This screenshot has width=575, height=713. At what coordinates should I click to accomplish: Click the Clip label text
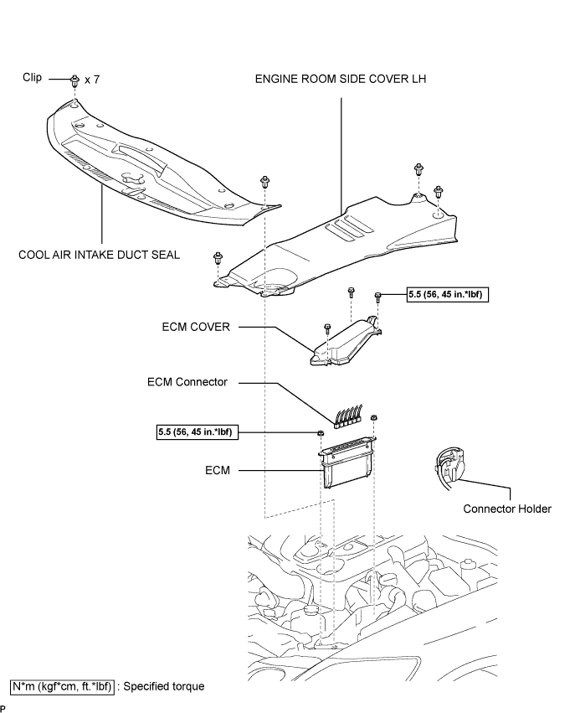pos(33,77)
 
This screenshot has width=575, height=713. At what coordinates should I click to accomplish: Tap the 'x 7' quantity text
pos(92,80)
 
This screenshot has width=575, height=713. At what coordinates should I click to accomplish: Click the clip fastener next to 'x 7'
pos(74,80)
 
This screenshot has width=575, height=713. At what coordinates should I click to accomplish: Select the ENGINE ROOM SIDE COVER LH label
pos(341,79)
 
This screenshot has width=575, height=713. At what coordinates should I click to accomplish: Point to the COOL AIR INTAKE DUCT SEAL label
pos(99,255)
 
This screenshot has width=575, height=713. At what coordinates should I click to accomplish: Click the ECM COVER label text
pos(196,327)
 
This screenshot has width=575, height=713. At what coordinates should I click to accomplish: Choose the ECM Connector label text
pos(187,382)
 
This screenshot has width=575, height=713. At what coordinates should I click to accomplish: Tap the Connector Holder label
pos(507,509)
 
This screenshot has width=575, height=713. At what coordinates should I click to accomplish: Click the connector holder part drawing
pos(449,469)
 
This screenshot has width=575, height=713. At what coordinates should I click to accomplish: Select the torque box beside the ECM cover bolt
pos(448,295)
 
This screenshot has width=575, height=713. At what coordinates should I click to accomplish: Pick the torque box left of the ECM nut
pos(198,432)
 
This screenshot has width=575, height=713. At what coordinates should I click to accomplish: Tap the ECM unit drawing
pos(347,462)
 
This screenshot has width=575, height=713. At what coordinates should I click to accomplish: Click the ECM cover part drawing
pos(346,342)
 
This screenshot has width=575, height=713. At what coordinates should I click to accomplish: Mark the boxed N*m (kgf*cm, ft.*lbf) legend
pos(62,687)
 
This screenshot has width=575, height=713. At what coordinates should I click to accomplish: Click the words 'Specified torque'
pos(164,687)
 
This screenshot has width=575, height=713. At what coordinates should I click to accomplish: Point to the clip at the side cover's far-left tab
pos(218,258)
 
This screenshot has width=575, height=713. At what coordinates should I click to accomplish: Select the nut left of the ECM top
pos(320,433)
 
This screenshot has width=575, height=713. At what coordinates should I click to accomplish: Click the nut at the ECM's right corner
pos(374,417)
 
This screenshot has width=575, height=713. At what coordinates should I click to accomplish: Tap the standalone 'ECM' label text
pos(218,470)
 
